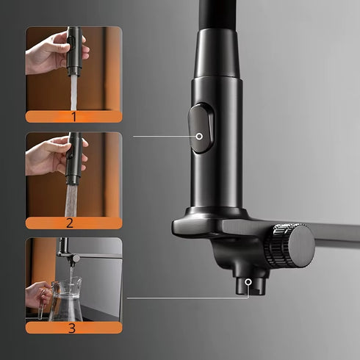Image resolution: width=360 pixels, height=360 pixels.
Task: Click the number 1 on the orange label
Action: tap(74, 117)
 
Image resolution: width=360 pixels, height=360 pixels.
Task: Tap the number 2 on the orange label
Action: tap(70, 223)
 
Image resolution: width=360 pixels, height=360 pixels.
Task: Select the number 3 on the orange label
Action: tap(71, 328)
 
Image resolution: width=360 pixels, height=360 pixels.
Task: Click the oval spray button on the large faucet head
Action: tap(201, 129)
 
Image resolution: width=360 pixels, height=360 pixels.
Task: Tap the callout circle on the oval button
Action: tap(199, 136)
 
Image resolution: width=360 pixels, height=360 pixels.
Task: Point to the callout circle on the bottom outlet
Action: tap(248, 282)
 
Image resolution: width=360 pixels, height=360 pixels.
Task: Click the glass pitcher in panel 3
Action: tap(66, 300)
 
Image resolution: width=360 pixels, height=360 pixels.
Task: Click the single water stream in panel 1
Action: tap(73, 93)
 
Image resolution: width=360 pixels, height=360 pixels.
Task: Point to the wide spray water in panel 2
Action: tap(71, 201)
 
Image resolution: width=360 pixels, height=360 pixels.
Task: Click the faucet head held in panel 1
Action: tap(74, 51)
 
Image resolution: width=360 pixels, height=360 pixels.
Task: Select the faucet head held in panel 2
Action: tap(73, 158)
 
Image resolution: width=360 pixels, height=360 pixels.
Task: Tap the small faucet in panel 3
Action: tap(68, 253)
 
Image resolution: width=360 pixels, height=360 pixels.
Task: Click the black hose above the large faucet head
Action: tap(218, 15)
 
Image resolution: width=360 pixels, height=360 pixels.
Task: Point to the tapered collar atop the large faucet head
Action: tap(217, 53)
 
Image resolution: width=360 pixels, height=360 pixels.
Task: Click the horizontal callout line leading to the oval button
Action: tap(164, 136)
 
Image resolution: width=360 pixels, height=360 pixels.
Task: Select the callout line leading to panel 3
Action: tap(187, 298)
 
